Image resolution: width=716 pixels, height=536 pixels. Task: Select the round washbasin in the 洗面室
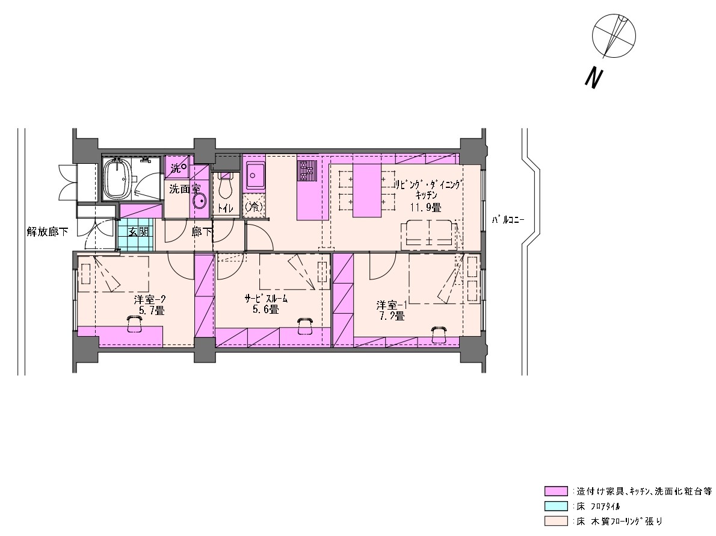(200, 201)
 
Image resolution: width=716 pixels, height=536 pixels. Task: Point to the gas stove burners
(306, 171)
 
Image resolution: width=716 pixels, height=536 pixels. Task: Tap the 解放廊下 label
(48, 232)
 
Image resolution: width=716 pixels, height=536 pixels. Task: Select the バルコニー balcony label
(508, 220)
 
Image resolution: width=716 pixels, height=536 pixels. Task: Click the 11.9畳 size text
(425, 207)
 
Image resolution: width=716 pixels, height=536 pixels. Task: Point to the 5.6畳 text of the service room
(266, 310)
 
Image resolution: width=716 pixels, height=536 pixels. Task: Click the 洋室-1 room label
(391, 305)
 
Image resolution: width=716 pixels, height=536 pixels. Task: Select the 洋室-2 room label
(149, 300)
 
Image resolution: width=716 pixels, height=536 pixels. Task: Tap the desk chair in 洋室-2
(134, 323)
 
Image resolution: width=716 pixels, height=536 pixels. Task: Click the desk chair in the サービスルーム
(304, 326)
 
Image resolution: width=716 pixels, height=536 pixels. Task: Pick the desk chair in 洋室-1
(439, 334)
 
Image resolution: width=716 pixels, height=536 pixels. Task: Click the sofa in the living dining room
(429, 234)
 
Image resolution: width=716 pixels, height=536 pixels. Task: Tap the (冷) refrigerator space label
(253, 207)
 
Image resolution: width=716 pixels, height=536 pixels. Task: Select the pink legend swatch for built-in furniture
(556, 491)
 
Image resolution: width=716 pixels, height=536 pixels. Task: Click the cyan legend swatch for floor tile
(556, 506)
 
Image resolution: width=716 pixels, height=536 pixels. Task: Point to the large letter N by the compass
(593, 78)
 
